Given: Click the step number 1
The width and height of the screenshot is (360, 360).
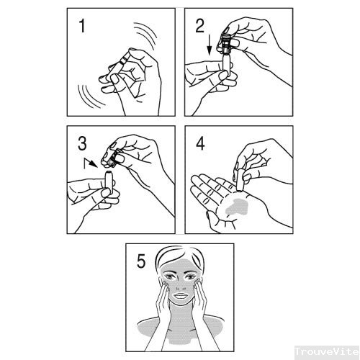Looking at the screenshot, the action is (82, 26).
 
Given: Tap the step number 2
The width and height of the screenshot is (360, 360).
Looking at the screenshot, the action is (200, 26).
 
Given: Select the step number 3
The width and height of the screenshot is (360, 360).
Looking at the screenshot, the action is (82, 144).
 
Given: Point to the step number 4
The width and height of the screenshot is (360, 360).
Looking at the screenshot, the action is (200, 144).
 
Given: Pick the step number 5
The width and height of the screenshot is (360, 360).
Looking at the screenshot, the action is (141, 261).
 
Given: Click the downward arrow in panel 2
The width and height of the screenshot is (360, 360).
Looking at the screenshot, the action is (210, 45).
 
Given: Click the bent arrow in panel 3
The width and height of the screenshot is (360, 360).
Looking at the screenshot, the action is (91, 163).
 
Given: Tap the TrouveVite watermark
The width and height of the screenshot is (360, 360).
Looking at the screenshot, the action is (327, 352).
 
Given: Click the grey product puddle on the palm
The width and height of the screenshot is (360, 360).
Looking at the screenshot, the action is (236, 207).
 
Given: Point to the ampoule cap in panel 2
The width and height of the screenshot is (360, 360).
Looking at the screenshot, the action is (226, 42).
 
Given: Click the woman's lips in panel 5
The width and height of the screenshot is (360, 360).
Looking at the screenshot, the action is (181, 296).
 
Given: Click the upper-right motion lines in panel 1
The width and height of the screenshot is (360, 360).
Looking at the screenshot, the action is (145, 35).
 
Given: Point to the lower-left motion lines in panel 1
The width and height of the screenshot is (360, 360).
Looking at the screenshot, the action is (91, 96).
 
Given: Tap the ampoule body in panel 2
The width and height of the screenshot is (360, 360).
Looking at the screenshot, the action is (227, 64).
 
